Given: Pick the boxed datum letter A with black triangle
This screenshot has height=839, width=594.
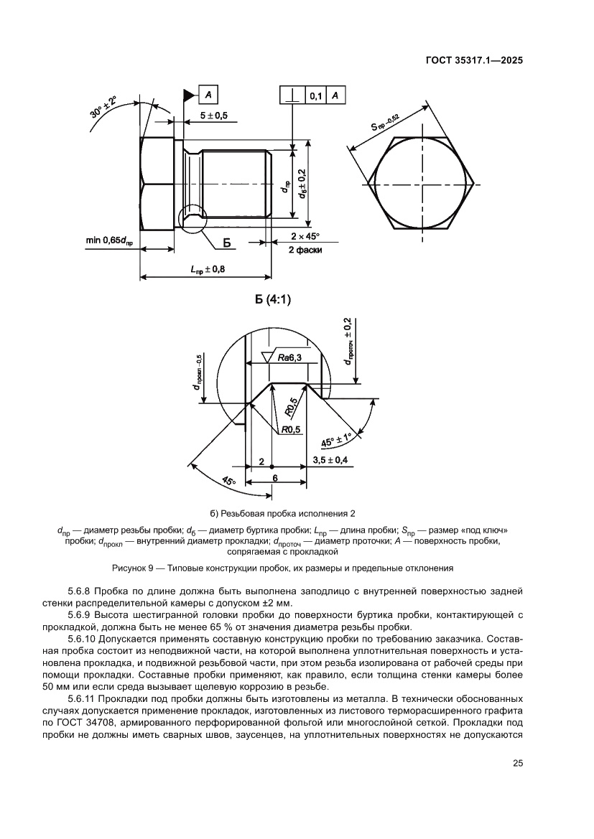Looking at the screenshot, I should click(207, 95).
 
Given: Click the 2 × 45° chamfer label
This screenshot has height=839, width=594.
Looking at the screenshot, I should click(305, 236).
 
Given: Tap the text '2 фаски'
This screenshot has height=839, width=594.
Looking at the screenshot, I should click(305, 250).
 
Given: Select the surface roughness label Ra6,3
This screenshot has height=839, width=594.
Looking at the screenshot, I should click(293, 357).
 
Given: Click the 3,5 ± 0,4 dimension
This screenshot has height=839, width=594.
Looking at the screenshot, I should click(331, 460).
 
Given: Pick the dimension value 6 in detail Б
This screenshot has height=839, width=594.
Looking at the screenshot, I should click(275, 477).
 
